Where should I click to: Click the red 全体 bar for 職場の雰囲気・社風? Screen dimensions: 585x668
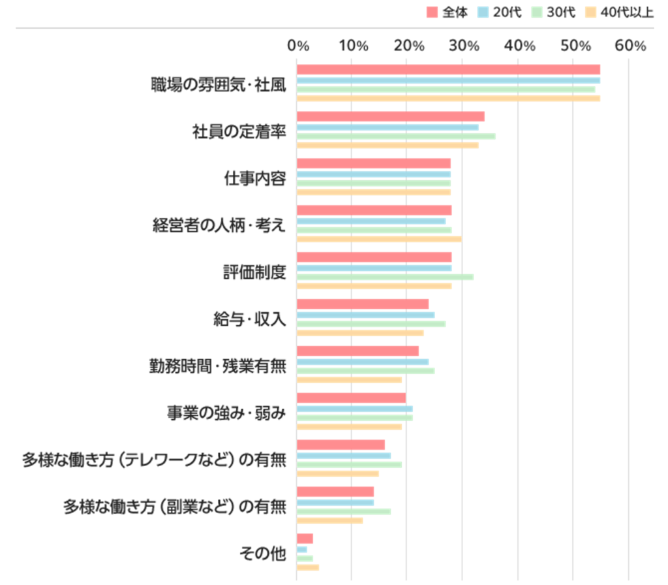[448, 70]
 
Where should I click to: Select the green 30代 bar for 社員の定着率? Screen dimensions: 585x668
[396, 136]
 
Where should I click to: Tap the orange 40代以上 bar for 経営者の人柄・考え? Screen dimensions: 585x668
[379, 239]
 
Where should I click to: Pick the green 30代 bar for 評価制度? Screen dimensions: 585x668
[385, 277]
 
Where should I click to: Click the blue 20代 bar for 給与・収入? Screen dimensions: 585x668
[365, 315]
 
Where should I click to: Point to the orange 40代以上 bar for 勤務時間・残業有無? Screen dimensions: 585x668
[349, 380]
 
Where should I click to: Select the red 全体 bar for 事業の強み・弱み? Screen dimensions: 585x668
[351, 398]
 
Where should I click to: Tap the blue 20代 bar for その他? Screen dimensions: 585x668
[302, 550]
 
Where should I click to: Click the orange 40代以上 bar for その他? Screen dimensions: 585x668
[308, 567]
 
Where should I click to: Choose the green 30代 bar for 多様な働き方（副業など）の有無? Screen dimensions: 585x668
[344, 511]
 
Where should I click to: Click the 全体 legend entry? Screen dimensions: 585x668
[448, 12]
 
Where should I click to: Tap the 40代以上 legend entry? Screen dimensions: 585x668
[620, 12]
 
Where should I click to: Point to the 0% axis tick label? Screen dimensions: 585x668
[297, 46]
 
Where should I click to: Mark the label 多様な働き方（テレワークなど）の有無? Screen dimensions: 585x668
[154, 460]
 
